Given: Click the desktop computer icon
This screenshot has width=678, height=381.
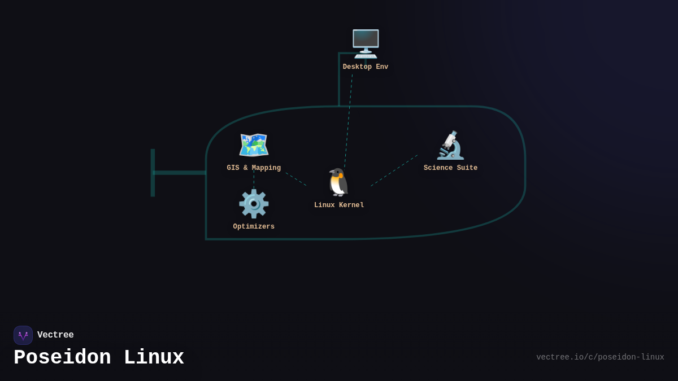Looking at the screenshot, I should pyautogui.click(x=366, y=43).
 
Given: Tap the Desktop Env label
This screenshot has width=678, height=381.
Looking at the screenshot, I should pyautogui.click(x=366, y=67).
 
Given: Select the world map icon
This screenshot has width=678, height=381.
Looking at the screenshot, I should pyautogui.click(x=254, y=145).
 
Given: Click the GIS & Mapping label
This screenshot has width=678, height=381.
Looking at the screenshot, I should pyautogui.click(x=254, y=168).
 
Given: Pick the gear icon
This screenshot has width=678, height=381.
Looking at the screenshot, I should pyautogui.click(x=254, y=204).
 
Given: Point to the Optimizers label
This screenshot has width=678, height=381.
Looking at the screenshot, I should pyautogui.click(x=254, y=227).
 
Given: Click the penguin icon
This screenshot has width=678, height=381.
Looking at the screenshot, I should pyautogui.click(x=339, y=182).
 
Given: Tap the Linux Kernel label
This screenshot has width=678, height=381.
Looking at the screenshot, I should pyautogui.click(x=339, y=205).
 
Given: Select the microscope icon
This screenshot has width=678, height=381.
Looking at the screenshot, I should pyautogui.click(x=450, y=145).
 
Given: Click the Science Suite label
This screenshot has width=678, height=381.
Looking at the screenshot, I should pyautogui.click(x=450, y=168).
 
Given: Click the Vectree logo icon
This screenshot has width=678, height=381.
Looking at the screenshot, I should pyautogui.click(x=23, y=335).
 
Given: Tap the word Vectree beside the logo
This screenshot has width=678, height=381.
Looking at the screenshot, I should pyautogui.click(x=55, y=335).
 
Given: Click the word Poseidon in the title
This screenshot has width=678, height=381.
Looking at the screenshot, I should pyautogui.click(x=62, y=358).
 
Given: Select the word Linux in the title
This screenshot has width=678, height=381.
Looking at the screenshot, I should pyautogui.click(x=154, y=358).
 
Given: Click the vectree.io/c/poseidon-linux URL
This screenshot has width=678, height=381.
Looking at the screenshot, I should pyautogui.click(x=600, y=357).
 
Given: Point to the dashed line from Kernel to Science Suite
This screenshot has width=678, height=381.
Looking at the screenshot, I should pyautogui.click(x=394, y=170).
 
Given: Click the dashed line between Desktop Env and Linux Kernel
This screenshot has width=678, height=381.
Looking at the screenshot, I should pyautogui.click(x=348, y=121).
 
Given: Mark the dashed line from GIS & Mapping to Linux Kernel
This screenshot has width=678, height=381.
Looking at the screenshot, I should pyautogui.click(x=295, y=179).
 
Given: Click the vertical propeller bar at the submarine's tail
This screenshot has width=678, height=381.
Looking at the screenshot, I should pyautogui.click(x=153, y=173).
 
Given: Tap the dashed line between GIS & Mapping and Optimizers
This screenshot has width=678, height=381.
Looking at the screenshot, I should pyautogui.click(x=254, y=179).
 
